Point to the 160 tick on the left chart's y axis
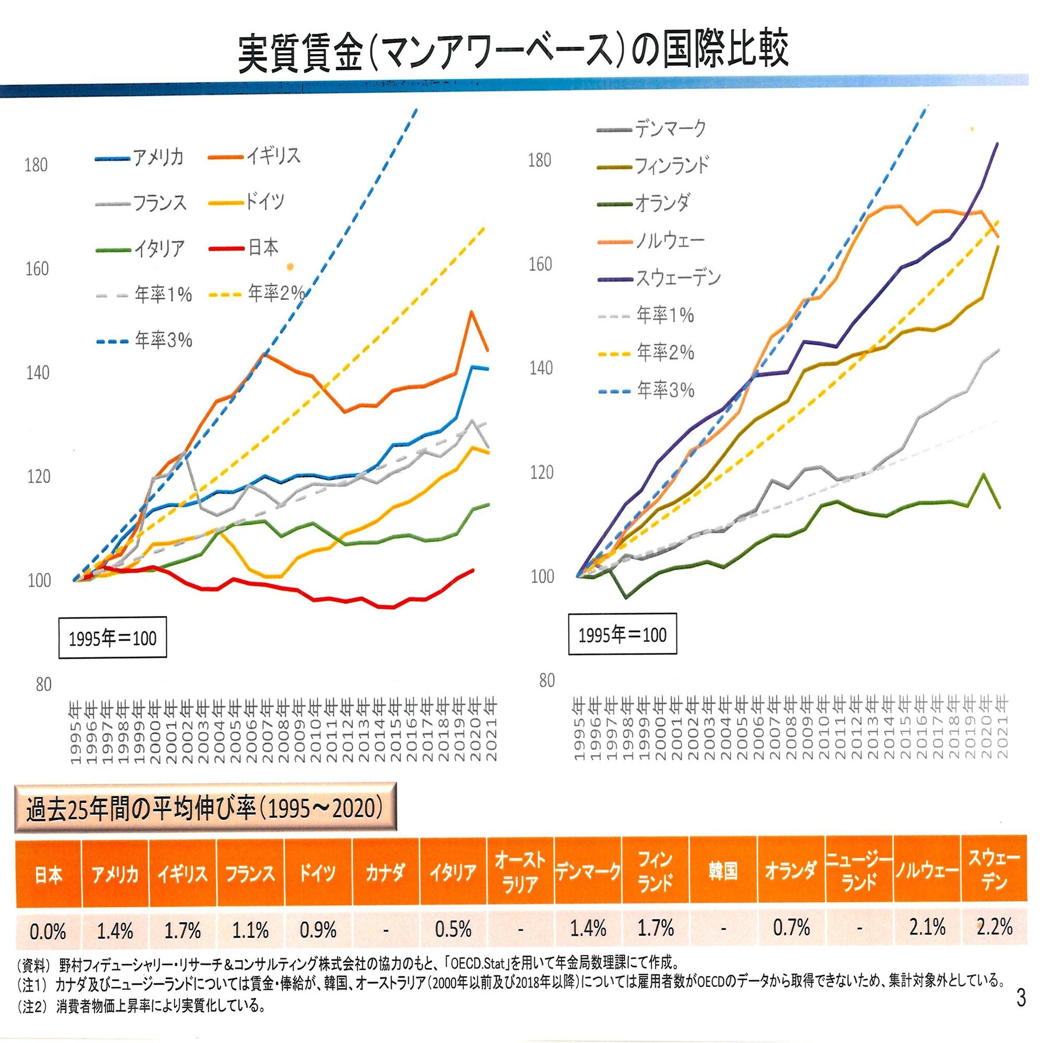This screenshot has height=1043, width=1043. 37,269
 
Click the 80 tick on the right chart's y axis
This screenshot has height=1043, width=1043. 547,681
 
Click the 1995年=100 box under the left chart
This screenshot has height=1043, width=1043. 112,639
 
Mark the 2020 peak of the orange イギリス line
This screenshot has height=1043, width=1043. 472,311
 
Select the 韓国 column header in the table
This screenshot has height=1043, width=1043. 723,871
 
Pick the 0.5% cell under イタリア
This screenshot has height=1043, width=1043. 453,929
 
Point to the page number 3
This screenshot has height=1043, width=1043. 1021,998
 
